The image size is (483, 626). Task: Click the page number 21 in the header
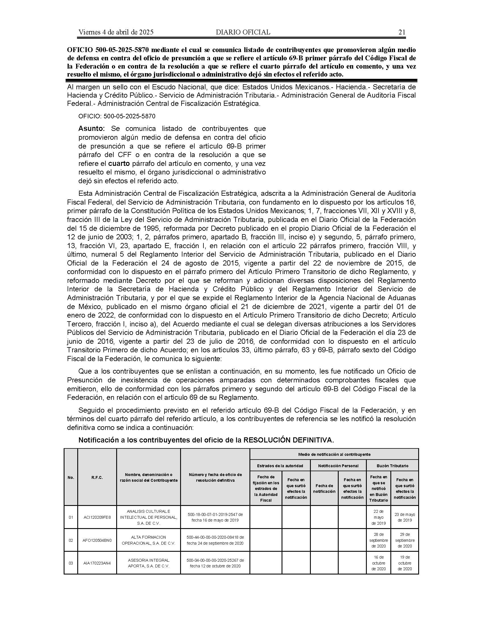click(402, 32)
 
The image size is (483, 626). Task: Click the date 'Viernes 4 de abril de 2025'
click(116, 32)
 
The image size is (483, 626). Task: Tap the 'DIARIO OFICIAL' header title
click(243, 32)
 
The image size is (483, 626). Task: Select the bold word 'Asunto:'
click(91, 128)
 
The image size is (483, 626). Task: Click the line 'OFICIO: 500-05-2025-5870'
click(117, 116)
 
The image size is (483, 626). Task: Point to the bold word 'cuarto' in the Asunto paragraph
click(119, 164)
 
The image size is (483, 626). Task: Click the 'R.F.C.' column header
click(97, 477)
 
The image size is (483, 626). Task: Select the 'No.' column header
click(71, 477)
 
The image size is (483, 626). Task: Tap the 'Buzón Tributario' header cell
click(392, 466)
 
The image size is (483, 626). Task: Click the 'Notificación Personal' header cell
click(338, 466)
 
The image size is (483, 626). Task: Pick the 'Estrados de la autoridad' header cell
click(280, 466)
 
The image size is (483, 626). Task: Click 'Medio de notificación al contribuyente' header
click(334, 454)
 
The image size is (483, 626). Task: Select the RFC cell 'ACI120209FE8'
click(97, 517)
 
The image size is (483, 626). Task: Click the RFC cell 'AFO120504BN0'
click(97, 540)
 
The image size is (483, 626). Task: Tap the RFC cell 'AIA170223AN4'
click(97, 563)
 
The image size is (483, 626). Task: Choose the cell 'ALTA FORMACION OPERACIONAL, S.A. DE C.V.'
click(148, 540)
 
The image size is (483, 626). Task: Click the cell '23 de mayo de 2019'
click(405, 517)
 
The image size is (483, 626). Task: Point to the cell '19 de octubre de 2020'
click(405, 563)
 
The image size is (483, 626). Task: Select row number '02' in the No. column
click(71, 540)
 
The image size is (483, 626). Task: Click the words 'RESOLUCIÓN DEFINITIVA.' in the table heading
click(288, 440)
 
